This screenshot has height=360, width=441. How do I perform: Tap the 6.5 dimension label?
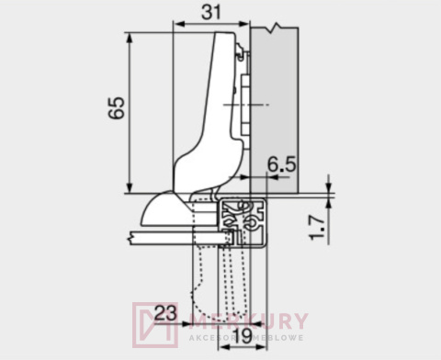pyautogui.click(x=281, y=165)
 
